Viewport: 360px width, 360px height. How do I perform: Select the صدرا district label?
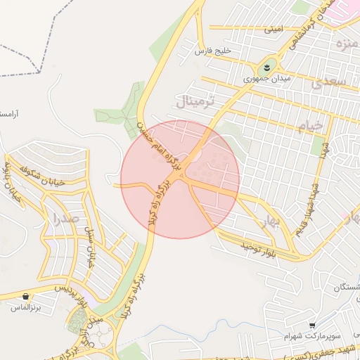coord(56,217)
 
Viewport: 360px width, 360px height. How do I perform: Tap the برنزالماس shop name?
coord(27,307)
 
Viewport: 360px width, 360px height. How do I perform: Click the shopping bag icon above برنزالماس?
coord(26,296)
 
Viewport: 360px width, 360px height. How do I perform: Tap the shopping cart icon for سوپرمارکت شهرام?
coord(311,325)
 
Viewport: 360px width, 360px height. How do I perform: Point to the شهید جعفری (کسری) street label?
coord(323,352)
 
